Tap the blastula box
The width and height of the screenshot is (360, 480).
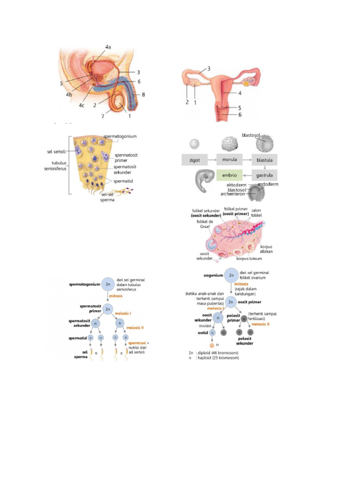(x=264, y=160)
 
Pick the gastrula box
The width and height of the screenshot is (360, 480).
(x=264, y=175)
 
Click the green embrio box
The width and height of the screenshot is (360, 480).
(x=229, y=175)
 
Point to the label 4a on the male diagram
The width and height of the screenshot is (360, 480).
(x=108, y=47)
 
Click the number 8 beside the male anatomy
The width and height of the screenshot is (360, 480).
(x=143, y=95)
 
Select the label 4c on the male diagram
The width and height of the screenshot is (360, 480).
(x=82, y=105)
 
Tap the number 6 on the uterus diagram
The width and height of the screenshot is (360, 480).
(x=240, y=115)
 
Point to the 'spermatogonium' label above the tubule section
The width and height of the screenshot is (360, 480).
(x=120, y=136)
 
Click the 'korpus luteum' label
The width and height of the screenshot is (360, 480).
(x=249, y=258)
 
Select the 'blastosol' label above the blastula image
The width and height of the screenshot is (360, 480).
(x=251, y=135)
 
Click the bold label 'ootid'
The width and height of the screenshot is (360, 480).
(x=202, y=332)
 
